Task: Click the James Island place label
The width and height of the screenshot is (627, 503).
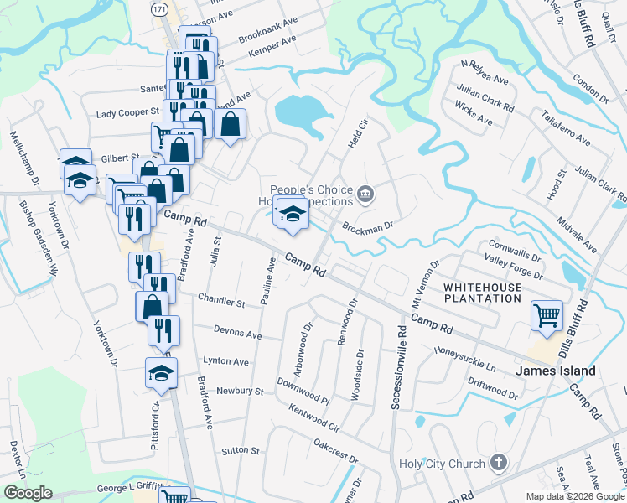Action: pyautogui.click(x=556, y=371)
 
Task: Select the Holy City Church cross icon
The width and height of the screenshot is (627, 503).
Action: pyautogui.click(x=499, y=463)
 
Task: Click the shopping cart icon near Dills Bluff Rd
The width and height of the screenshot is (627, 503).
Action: pyautogui.click(x=547, y=315)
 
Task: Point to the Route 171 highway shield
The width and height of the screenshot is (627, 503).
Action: pyautogui.click(x=160, y=8)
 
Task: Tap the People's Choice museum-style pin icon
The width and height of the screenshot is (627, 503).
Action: pyautogui.click(x=365, y=195)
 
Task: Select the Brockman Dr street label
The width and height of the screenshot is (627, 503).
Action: pyautogui.click(x=367, y=226)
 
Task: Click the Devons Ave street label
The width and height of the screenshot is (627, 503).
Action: pyautogui.click(x=238, y=333)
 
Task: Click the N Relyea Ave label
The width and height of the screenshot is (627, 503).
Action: pyautogui.click(x=485, y=72)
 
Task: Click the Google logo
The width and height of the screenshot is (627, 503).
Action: pyautogui.click(x=28, y=493)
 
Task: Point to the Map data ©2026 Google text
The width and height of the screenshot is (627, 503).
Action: pyautogui.click(x=574, y=496)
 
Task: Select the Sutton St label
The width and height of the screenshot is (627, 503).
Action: pyautogui.click(x=241, y=451)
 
